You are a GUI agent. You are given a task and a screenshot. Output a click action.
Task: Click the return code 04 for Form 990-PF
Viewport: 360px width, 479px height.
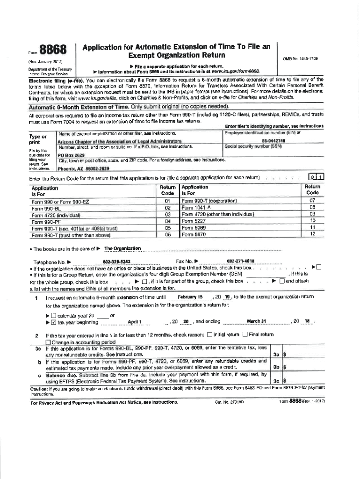[167, 221]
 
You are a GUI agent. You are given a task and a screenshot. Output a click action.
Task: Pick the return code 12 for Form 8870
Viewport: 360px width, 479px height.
[312, 234]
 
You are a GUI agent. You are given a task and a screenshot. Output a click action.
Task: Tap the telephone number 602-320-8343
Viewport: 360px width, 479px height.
[116, 261]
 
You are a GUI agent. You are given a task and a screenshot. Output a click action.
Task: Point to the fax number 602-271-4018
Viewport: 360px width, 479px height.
[240, 261]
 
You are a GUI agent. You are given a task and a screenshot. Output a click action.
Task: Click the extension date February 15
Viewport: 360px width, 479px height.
[190, 297]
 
